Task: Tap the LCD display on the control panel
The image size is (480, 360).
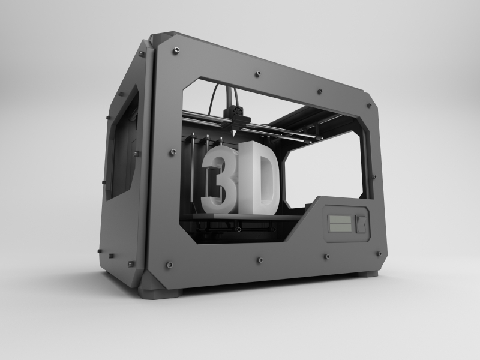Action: coord(340,223)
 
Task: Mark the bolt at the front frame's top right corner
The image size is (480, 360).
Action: coord(370,106)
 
